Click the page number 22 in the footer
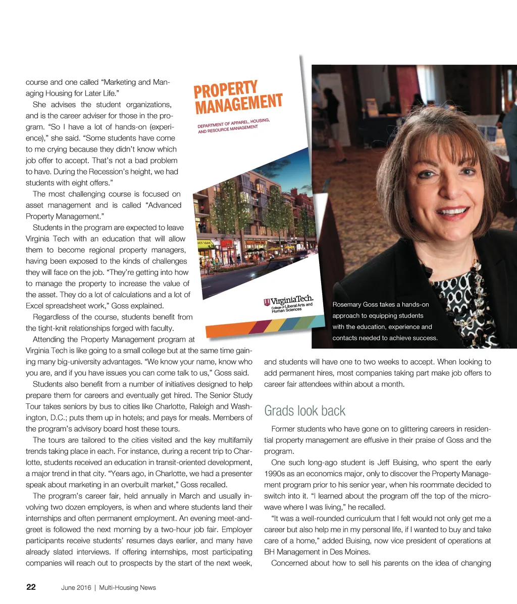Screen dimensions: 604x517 31,587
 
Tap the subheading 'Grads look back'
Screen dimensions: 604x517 304,410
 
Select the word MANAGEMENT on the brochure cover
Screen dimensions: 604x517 238,104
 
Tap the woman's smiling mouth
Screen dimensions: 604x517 453,212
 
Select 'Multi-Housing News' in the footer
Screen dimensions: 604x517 127,588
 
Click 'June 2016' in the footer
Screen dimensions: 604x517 76,588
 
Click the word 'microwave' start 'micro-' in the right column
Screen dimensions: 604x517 479,496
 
